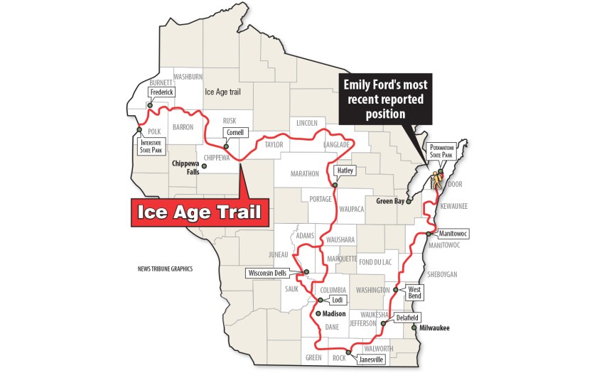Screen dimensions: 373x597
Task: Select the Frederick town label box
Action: point(161,92)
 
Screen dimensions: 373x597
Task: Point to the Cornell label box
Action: point(235,132)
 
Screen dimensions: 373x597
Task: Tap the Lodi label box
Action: point(337,300)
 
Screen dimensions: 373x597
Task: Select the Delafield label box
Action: point(407,317)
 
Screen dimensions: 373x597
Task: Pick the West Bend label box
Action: point(414,293)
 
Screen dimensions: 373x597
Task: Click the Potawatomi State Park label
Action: point(442,151)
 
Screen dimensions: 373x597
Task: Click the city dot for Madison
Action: point(319,313)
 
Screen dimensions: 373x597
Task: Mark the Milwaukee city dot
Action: point(414,328)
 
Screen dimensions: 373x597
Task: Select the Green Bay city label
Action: point(389,201)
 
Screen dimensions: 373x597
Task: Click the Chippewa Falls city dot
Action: point(204,166)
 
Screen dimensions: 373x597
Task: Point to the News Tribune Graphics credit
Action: point(166,269)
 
